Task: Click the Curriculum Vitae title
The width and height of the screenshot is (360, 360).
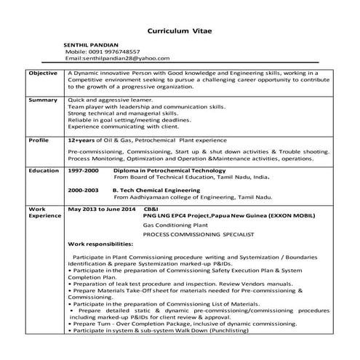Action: click(x=180, y=32)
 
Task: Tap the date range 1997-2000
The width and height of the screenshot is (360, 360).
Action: click(x=83, y=170)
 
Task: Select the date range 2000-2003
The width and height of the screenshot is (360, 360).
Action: click(x=83, y=189)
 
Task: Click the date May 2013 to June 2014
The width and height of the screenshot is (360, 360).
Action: click(x=101, y=209)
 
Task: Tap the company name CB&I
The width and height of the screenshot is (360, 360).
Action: click(x=151, y=209)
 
